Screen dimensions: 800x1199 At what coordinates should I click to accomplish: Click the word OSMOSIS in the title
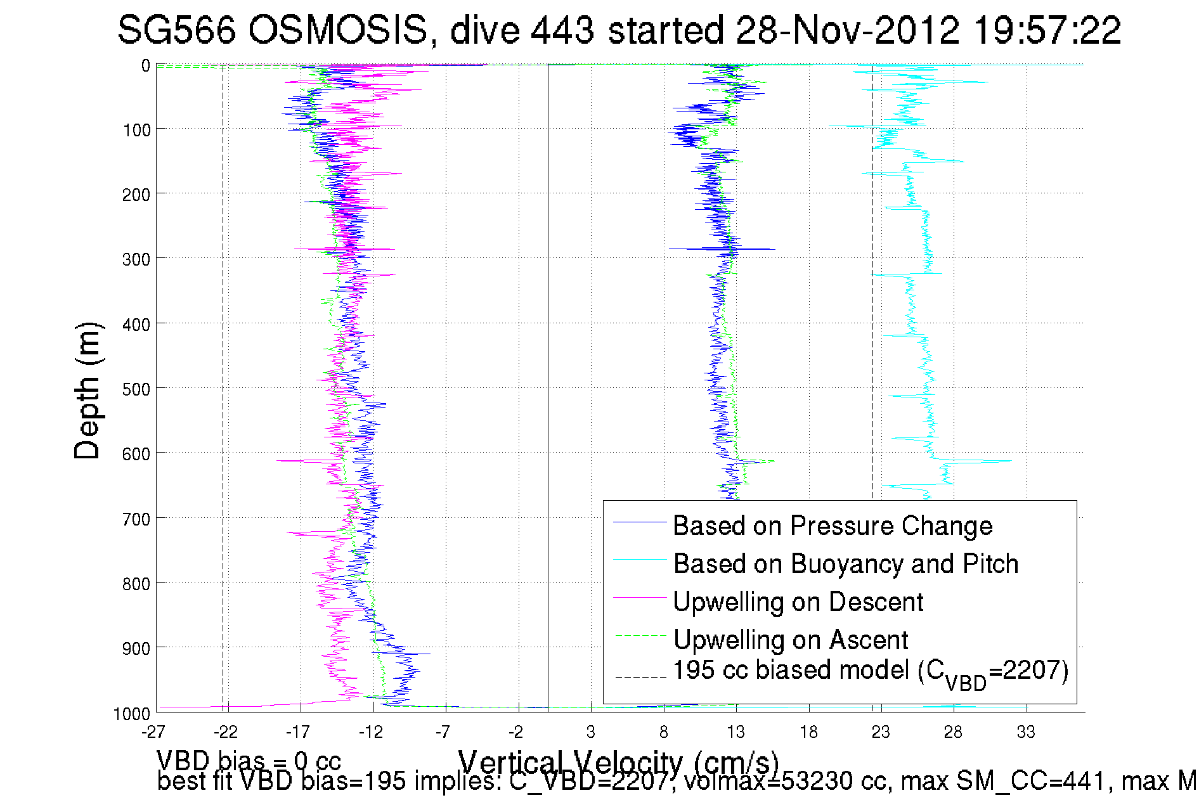coord(337,30)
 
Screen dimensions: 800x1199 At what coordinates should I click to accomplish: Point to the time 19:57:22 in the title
coord(1047,30)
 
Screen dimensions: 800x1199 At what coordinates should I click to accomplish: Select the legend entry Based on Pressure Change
coord(832,526)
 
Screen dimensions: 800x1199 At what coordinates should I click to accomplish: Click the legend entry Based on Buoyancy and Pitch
coord(845,564)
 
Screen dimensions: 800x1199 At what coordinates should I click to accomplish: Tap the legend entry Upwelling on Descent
coord(798,602)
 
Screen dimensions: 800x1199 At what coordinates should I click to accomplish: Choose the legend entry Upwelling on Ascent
coord(790,640)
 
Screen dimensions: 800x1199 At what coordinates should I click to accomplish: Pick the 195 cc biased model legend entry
coord(870,672)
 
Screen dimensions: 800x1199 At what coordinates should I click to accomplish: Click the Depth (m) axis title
coord(87,390)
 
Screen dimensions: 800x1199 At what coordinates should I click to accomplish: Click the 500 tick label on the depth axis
coord(136,389)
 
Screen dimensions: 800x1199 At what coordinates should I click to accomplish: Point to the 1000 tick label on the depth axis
coord(132,714)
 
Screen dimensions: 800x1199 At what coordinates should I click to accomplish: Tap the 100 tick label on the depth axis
coord(136,130)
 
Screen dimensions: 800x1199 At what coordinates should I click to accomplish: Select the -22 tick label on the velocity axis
coord(225,733)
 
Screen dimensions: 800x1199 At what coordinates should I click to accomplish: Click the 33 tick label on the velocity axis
coord(1026,733)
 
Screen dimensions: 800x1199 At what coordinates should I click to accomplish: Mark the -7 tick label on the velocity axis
coord(443,733)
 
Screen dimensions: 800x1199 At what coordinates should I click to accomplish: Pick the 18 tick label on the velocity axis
coord(808,733)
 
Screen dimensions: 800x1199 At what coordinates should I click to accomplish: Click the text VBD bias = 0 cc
coord(249,760)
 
